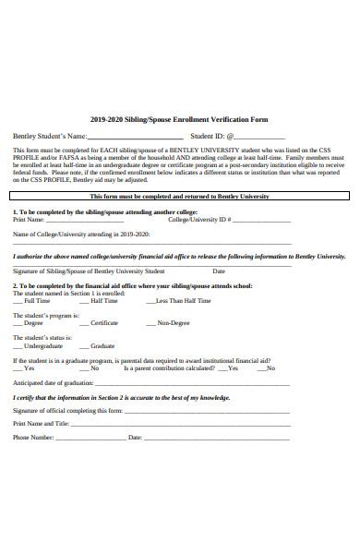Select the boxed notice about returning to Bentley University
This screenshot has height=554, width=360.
point(180,197)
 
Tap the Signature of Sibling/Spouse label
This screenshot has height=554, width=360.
point(89,271)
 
